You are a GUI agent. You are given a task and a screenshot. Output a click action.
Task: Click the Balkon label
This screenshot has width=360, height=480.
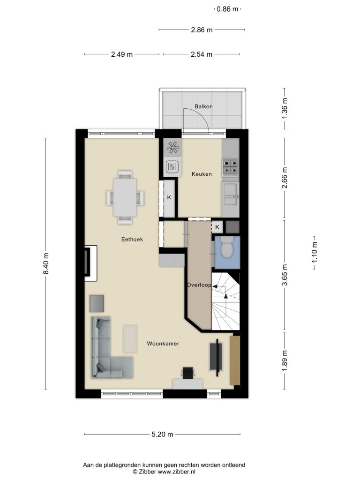point(203,106)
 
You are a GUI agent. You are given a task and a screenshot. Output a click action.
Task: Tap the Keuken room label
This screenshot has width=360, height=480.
point(202,174)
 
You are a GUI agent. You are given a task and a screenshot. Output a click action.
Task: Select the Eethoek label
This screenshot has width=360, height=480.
point(132,240)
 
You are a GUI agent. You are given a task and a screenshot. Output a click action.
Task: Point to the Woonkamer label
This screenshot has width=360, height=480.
point(163,344)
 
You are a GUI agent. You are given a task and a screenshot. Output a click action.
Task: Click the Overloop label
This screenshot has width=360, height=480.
point(199,285)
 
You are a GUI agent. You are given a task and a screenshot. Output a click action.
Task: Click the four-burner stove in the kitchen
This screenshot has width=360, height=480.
point(230,167)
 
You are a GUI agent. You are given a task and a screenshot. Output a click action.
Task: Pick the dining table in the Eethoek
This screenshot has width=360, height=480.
point(125,197)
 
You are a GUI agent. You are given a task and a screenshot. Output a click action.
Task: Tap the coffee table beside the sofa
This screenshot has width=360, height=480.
point(130,339)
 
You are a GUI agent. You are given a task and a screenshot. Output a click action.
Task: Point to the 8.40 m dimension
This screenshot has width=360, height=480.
point(46,264)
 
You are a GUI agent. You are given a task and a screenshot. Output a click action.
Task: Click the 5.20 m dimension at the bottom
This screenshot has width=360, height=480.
point(162,434)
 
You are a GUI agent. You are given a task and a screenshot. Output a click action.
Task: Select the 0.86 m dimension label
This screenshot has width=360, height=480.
point(227,9)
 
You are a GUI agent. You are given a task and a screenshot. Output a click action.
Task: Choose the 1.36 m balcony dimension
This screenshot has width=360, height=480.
point(285,109)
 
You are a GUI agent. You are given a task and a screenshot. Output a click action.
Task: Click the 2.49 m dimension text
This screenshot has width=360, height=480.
point(122,54)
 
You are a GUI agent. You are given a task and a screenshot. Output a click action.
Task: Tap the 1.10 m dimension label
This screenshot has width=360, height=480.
point(315,253)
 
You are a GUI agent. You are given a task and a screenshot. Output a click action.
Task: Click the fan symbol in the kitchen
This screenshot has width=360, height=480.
point(173,148)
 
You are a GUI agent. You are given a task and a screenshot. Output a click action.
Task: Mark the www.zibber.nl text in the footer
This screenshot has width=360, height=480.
point(176,472)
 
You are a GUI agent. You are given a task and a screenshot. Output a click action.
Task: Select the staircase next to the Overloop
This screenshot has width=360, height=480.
point(225,301)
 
